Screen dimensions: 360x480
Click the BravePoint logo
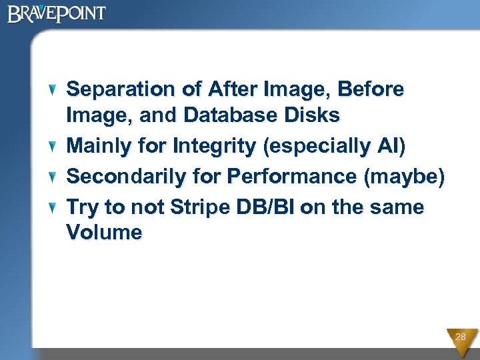pyautogui.click(x=57, y=13)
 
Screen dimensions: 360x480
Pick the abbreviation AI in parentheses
pyautogui.click(x=389, y=146)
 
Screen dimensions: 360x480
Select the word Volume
pyautogui.click(x=104, y=233)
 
